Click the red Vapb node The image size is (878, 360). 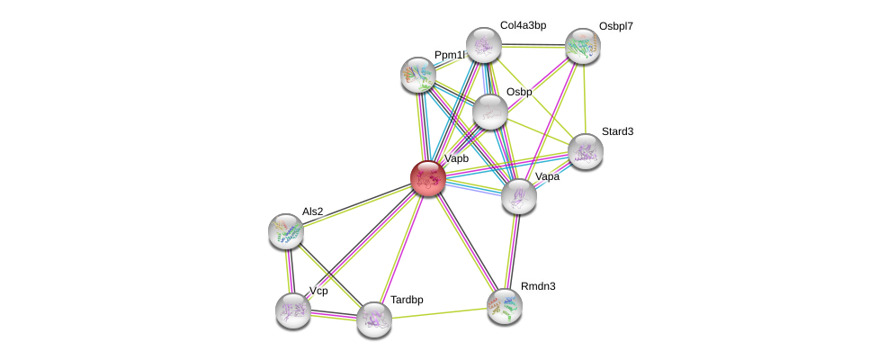click(x=428, y=177)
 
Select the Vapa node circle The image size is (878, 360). click(x=519, y=196)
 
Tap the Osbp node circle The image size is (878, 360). click(x=490, y=112)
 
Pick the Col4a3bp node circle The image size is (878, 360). click(x=483, y=45)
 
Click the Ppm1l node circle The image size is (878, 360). click(x=418, y=75)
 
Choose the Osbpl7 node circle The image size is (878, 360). click(x=582, y=46)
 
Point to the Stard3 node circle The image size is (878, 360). click(x=585, y=151)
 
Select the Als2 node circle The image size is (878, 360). click(x=286, y=230)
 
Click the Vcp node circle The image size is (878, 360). click(x=293, y=310)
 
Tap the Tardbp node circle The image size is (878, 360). click(x=374, y=319)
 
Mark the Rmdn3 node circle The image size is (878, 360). click(x=505, y=305)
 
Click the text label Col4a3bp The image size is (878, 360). click(x=523, y=25)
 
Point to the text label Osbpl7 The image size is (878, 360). click(x=616, y=27)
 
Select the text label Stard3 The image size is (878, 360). click(x=617, y=131)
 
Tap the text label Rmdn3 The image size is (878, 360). click(x=538, y=286)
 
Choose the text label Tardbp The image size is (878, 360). click(x=407, y=300)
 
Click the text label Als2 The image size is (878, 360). click(x=312, y=211)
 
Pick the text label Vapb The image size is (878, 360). click(x=456, y=158)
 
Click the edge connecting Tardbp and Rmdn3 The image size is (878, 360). click(x=439, y=312)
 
